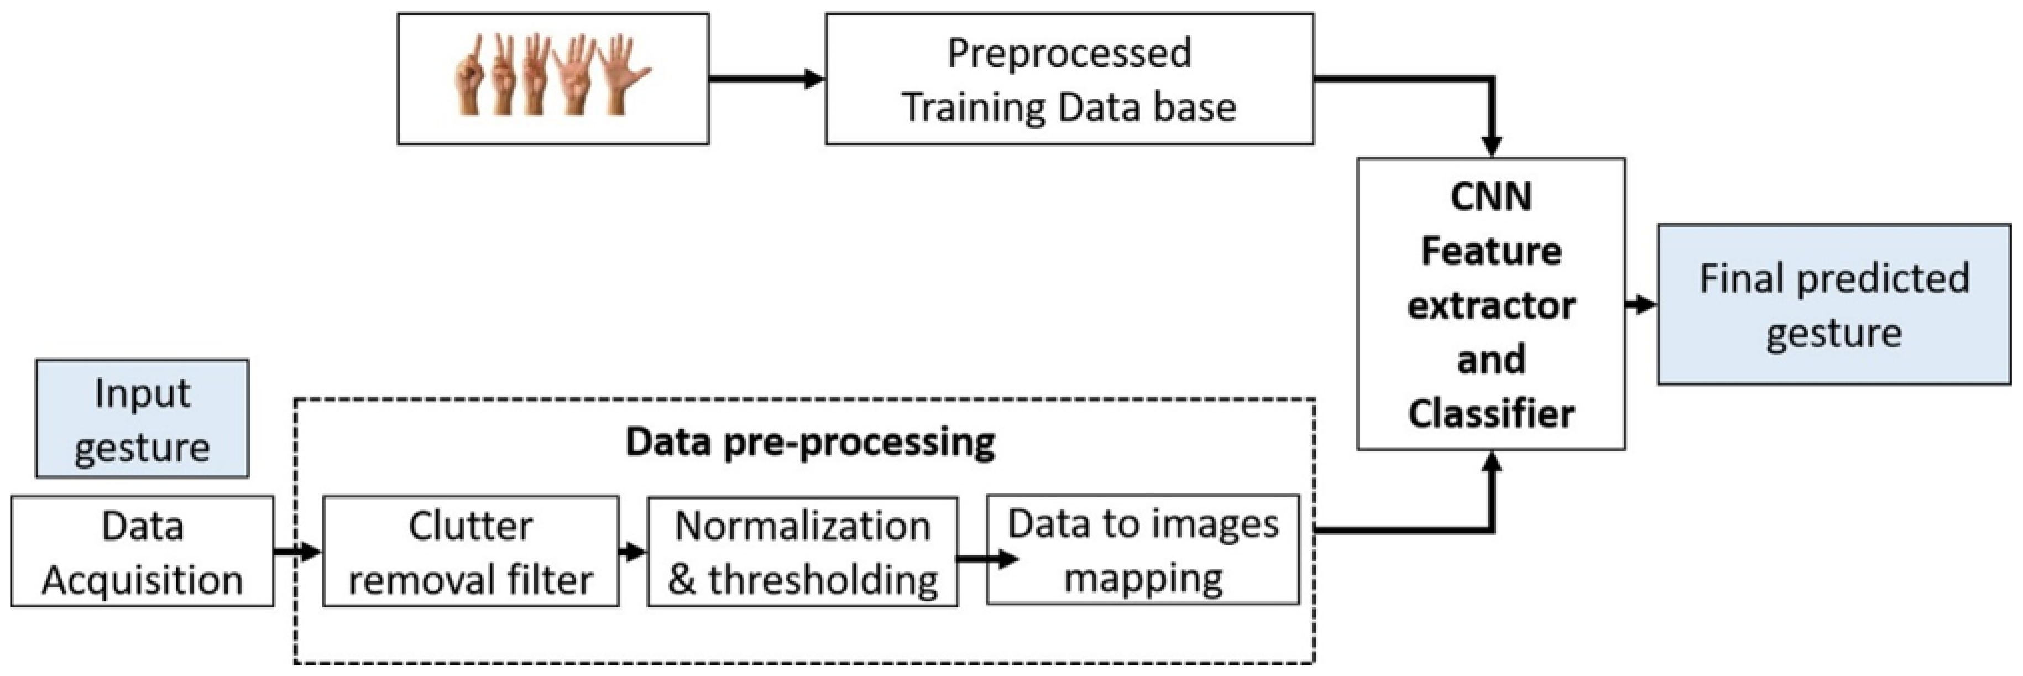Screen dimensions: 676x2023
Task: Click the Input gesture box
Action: point(142,419)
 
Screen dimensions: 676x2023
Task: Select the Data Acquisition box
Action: point(142,551)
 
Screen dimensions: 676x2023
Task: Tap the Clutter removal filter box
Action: point(471,551)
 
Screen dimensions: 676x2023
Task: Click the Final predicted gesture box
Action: point(1834,305)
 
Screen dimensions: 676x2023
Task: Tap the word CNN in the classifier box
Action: point(1491,196)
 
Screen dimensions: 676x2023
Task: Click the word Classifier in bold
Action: point(1491,413)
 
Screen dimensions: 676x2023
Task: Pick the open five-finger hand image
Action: point(624,75)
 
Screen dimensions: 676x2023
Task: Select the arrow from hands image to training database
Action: point(766,79)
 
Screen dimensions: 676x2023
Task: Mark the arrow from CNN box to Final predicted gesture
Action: point(1640,305)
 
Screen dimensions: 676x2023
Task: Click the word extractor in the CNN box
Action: point(1491,306)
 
